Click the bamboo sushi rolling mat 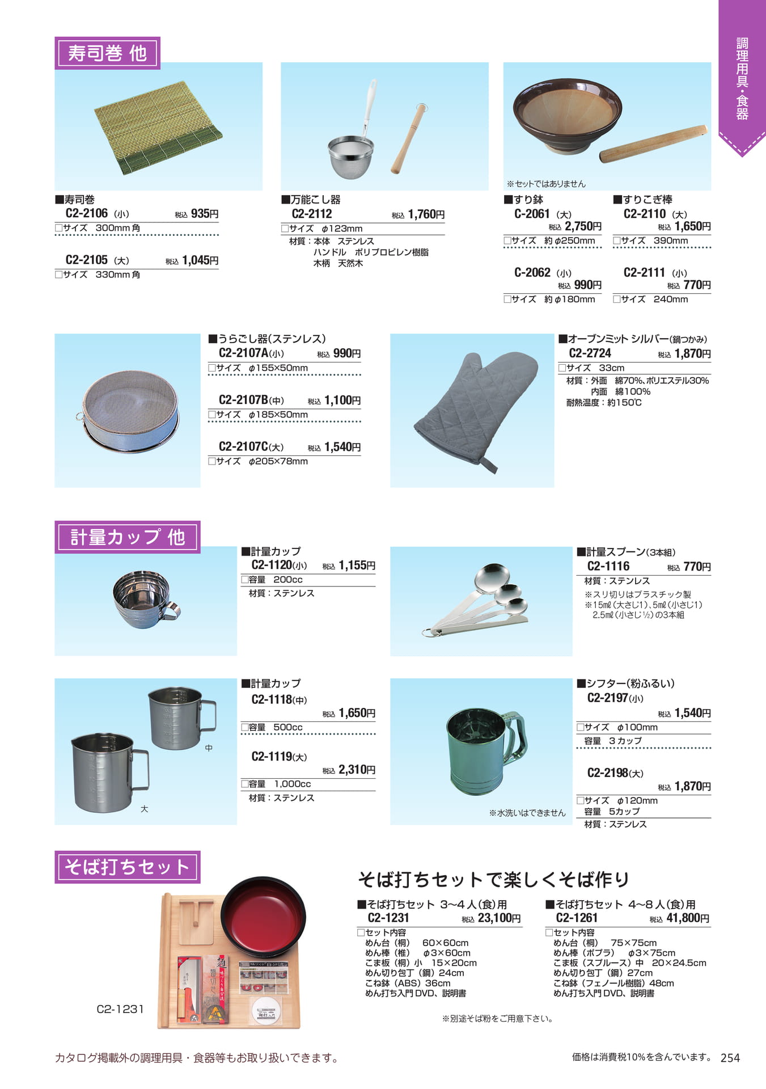tap(158, 128)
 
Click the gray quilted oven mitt tap(475, 411)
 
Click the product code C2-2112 tap(312, 214)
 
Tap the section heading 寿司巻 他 tap(107, 53)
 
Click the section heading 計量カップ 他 tap(128, 537)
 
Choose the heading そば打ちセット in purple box tap(128, 867)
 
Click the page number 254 tap(730, 1058)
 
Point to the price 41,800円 tap(688, 918)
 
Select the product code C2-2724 tap(590, 353)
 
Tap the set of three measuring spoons tap(477, 600)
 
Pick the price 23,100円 tap(500, 918)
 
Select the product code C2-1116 tap(608, 566)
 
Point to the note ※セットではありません tap(546, 184)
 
